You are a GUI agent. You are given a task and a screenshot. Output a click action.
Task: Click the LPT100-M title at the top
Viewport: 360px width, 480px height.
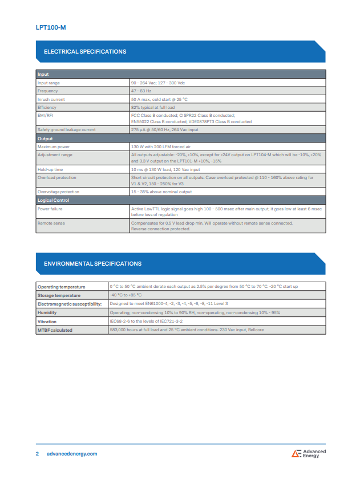(x=50, y=27)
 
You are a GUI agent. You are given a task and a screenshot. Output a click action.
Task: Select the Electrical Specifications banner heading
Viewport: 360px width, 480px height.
(x=85, y=52)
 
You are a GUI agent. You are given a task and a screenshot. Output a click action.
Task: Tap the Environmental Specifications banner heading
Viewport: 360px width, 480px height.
(x=92, y=264)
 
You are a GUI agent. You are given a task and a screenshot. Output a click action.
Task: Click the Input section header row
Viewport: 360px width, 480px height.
(x=43, y=75)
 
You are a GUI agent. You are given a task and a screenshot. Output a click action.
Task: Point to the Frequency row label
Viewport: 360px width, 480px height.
(x=47, y=91)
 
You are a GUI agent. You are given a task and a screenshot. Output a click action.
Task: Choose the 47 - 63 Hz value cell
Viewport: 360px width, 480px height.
(x=141, y=91)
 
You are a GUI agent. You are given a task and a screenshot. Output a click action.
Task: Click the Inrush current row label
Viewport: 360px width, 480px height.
(x=51, y=99)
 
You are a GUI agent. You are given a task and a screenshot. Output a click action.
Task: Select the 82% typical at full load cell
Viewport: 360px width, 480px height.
(x=153, y=107)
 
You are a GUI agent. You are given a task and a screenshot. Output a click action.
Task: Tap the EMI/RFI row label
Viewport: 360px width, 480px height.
(x=45, y=115)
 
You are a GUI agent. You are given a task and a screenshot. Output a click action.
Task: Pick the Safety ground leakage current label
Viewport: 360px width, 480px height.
(x=66, y=130)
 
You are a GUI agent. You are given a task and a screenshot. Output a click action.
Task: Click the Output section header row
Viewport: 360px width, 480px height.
(x=45, y=139)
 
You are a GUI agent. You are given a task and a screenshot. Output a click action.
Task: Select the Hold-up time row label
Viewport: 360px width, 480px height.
(x=50, y=170)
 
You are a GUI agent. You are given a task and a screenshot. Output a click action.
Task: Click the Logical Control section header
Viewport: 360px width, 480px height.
(x=53, y=201)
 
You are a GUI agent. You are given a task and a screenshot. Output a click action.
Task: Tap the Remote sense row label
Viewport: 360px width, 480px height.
(x=51, y=223)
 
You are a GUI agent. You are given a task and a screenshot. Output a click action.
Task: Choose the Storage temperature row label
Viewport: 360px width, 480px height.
(x=59, y=295)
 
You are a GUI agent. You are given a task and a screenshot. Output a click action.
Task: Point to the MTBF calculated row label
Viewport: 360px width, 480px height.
(x=55, y=330)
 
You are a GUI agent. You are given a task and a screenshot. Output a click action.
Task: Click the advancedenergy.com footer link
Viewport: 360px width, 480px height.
(x=71, y=454)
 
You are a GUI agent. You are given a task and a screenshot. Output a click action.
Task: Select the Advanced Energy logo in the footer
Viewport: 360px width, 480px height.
(x=309, y=454)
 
